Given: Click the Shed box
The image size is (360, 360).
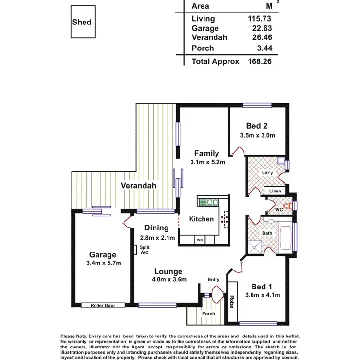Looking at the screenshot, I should pyautogui.click(x=82, y=23).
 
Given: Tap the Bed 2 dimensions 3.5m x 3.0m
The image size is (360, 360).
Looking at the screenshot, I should pyautogui.click(x=257, y=136).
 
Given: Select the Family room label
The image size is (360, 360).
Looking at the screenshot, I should pyautogui.click(x=206, y=154).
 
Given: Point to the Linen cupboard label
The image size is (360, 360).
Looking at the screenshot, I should pyautogui.click(x=275, y=192).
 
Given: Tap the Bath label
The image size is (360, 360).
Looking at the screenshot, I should pyautogui.click(x=267, y=234).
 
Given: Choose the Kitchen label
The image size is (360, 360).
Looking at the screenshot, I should pyautogui.click(x=201, y=219).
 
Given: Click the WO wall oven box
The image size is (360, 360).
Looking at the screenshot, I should pyautogui.click(x=199, y=239).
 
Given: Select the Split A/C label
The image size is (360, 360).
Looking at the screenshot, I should pyautogui.click(x=144, y=250).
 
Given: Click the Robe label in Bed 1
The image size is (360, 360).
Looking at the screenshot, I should pyautogui.click(x=233, y=301).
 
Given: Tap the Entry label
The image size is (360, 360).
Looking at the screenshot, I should pyautogui.click(x=214, y=280).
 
